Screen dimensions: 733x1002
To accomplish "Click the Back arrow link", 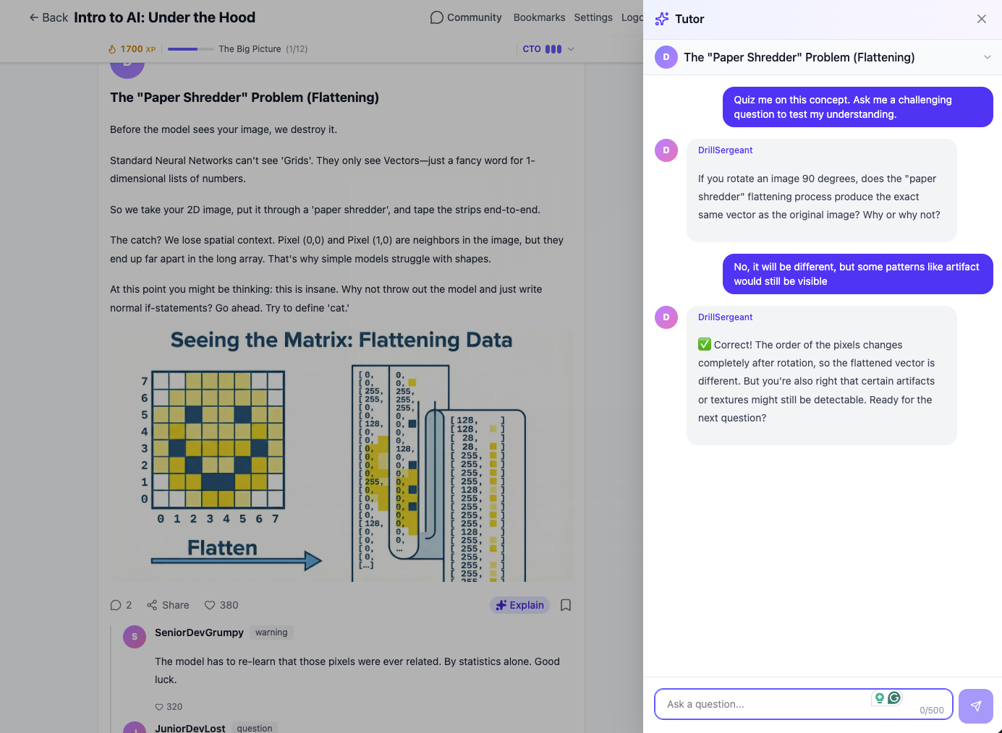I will tap(48, 17).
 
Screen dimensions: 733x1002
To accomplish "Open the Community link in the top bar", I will tap(466, 17).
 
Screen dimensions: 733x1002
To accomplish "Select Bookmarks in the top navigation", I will tap(539, 17).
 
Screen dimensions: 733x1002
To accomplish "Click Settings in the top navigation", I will tap(593, 17).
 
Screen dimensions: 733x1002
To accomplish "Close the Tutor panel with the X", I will tap(981, 19).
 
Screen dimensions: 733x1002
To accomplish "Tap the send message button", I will tap(975, 706).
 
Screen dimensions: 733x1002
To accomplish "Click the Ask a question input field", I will tap(767, 704).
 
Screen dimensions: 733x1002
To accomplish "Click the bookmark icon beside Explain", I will tap(566, 605).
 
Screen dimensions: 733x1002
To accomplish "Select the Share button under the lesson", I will tap(168, 605).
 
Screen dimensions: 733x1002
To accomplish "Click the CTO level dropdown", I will tap(548, 49).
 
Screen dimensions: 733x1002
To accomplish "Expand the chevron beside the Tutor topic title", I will tap(987, 57).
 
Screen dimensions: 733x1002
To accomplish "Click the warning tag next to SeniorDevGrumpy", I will tap(271, 633).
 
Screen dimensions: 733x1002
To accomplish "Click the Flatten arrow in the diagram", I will tap(236, 560).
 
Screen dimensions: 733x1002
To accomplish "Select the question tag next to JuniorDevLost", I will tap(255, 728).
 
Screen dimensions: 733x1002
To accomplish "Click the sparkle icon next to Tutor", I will tap(661, 19).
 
